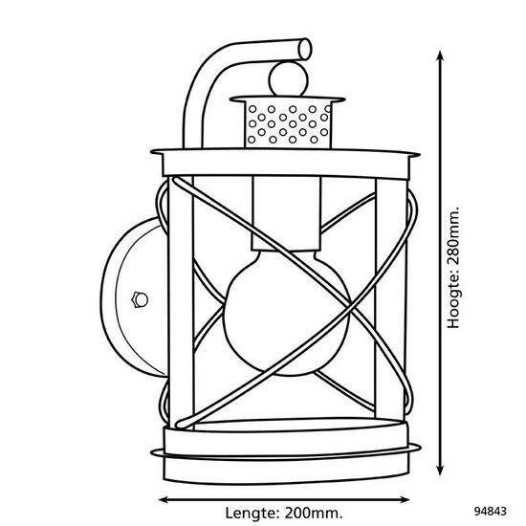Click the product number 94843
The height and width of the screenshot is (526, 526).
(490, 512)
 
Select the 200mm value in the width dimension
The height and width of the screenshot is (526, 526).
(314, 513)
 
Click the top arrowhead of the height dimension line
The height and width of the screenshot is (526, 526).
(440, 55)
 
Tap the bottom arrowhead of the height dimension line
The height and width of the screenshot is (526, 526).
(440, 471)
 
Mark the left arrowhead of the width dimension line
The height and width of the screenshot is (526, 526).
(164, 500)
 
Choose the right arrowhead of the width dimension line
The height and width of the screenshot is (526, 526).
(405, 500)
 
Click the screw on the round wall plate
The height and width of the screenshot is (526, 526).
(140, 299)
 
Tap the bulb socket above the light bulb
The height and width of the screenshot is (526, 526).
(286, 213)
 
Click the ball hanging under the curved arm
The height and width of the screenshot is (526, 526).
(288, 79)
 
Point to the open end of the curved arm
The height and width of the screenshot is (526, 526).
(305, 50)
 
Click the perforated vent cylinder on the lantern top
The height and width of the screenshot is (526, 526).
(288, 124)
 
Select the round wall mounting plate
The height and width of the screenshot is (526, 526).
(134, 296)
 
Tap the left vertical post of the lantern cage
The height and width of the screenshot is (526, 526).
(181, 302)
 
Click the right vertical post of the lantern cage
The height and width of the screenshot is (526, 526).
(391, 298)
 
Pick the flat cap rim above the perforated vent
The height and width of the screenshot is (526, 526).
(288, 99)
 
